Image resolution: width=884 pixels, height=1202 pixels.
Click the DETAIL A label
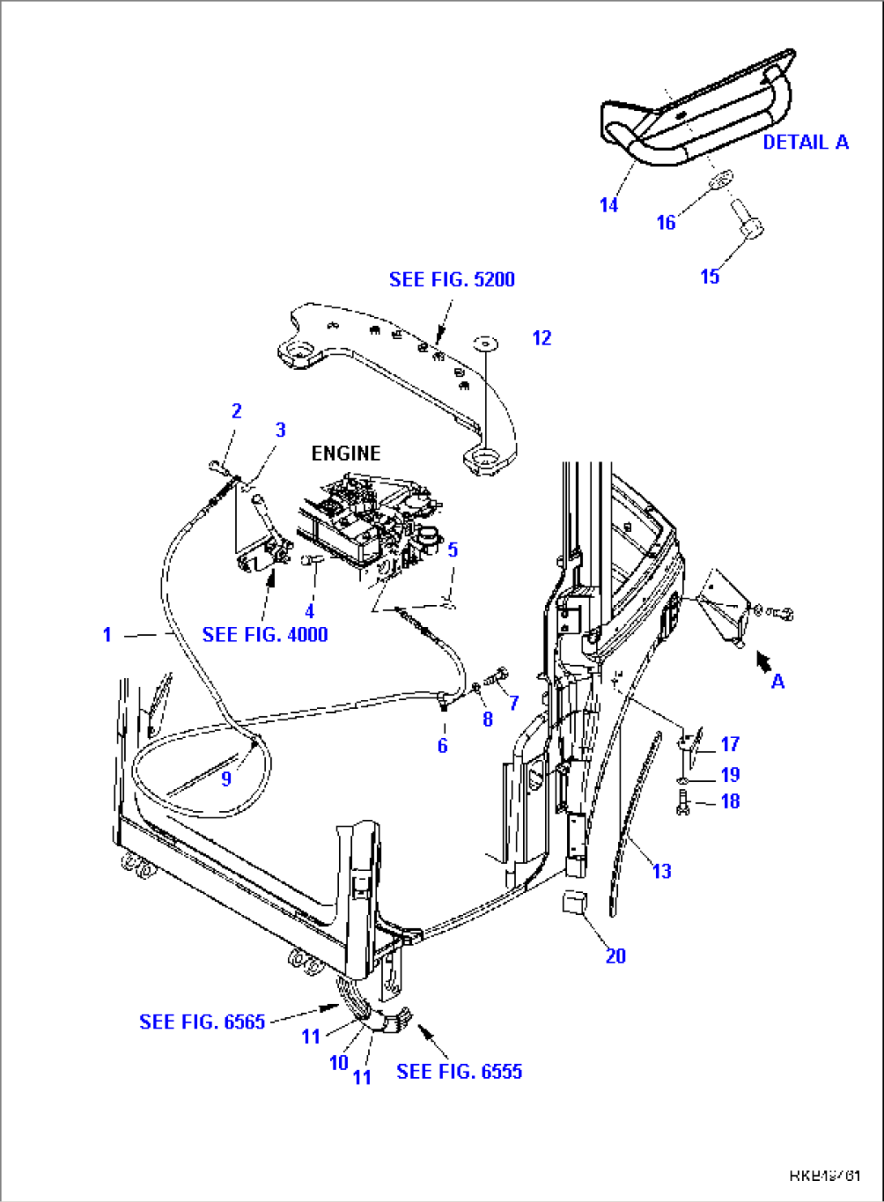click(805, 142)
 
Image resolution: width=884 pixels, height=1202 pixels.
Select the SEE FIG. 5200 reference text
click(452, 279)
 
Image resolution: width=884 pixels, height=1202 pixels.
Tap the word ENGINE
click(346, 453)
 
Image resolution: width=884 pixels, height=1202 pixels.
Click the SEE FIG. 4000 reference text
click(264, 634)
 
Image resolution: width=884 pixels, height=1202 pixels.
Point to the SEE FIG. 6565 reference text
click(202, 1021)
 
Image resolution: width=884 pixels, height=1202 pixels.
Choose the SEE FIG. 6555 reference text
click(459, 1071)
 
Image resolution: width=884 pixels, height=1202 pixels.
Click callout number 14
click(608, 205)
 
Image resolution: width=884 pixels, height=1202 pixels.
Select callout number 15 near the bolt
click(710, 277)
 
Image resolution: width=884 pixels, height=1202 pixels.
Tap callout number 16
click(665, 222)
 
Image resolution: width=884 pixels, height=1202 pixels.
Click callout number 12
click(542, 337)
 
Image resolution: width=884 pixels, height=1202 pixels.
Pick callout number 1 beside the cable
click(107, 634)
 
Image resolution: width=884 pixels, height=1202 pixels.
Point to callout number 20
click(616, 955)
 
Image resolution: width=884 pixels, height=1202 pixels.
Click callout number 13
click(662, 871)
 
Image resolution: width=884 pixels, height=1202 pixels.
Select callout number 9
click(226, 779)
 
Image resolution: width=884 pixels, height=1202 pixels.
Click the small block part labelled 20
click(575, 901)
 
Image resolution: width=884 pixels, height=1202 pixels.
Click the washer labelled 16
click(719, 180)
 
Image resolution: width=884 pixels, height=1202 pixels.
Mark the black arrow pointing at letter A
click(762, 662)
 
